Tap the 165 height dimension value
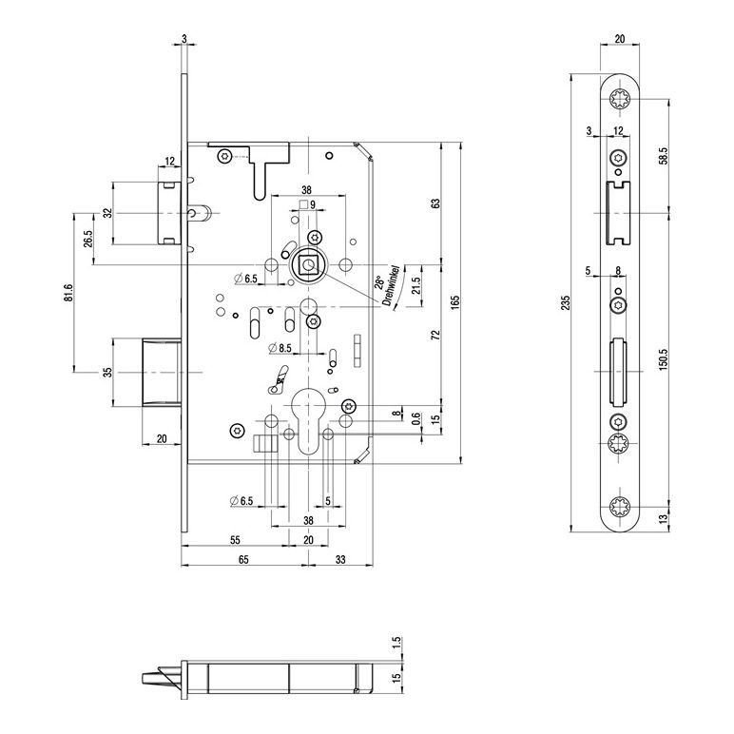pyautogui.click(x=456, y=301)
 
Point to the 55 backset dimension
pyautogui.click(x=233, y=540)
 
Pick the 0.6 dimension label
pyautogui.click(x=416, y=415)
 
